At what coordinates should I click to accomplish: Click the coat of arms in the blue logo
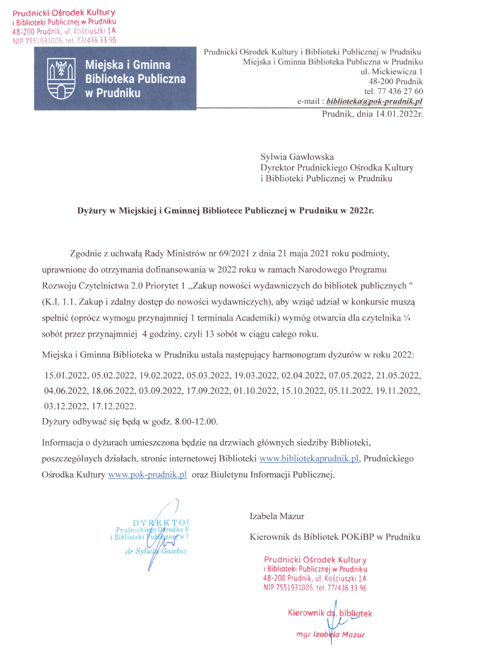[62, 78]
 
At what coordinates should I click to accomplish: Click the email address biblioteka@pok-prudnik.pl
[374, 101]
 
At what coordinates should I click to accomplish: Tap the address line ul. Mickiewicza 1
[392, 71]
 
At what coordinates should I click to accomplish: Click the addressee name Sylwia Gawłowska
[297, 157]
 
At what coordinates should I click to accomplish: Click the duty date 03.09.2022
[160, 391]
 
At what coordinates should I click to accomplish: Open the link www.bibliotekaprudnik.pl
[309, 459]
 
